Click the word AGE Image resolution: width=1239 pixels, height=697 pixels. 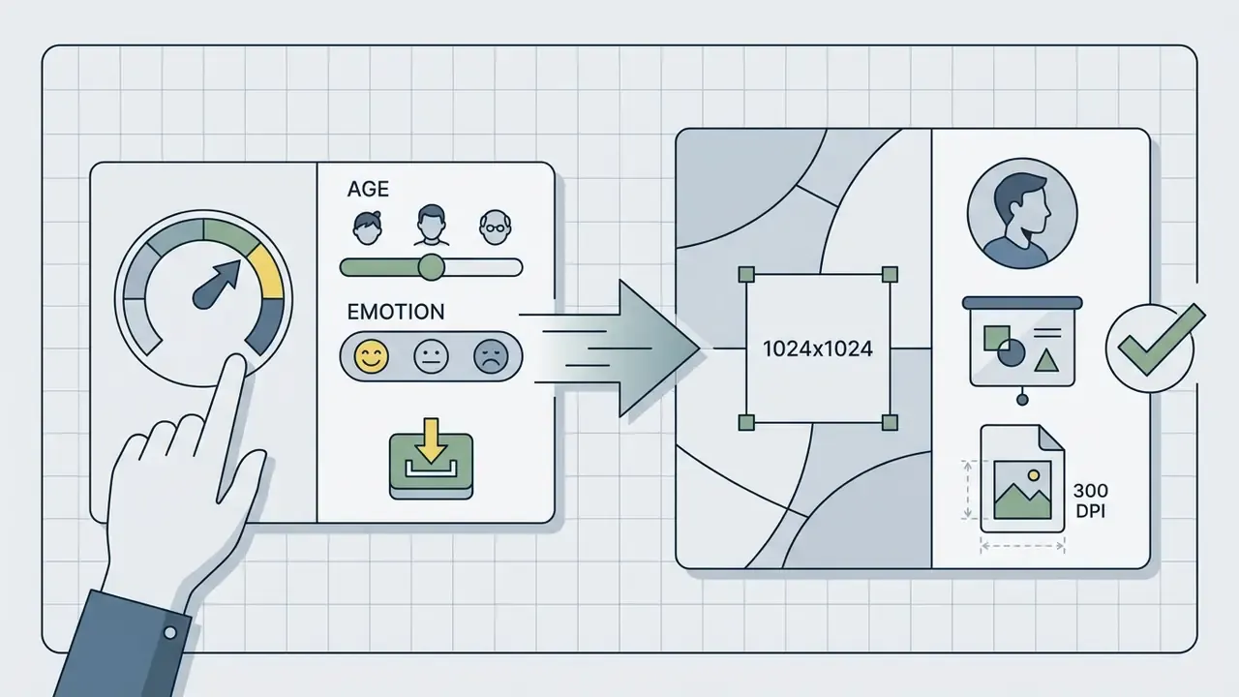click(368, 189)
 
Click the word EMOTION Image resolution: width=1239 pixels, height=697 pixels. click(396, 312)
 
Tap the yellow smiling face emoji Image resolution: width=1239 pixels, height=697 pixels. click(371, 356)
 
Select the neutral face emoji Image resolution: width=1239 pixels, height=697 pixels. click(431, 356)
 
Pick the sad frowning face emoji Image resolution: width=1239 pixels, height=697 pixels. click(491, 356)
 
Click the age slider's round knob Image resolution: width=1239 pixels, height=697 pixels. click(431, 268)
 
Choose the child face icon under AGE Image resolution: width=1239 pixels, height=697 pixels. click(367, 227)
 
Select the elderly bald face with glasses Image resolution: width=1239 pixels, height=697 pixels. click(495, 227)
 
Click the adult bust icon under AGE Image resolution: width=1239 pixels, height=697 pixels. click(432, 226)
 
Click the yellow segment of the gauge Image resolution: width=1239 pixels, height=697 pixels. click(266, 271)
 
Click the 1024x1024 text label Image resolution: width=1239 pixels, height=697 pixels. click(818, 348)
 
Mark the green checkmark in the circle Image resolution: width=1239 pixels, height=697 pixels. click(1161, 340)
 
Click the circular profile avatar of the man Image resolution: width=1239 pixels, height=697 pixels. click(1022, 214)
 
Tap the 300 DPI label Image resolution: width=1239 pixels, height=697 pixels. click(1090, 500)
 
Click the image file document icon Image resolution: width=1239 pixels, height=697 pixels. click(1022, 478)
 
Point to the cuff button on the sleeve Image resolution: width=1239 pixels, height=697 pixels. click(170, 632)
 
